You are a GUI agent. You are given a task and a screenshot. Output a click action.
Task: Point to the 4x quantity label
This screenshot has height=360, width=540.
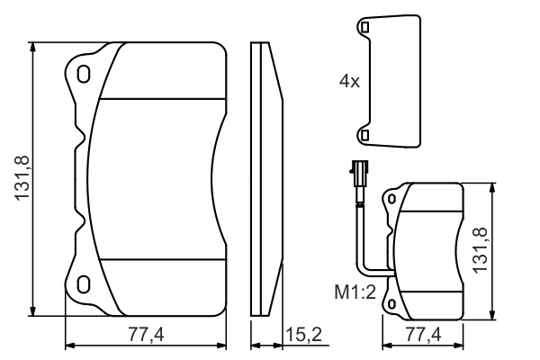pos(349,81)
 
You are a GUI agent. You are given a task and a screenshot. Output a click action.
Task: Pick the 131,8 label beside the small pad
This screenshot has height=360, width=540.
pos(481,250)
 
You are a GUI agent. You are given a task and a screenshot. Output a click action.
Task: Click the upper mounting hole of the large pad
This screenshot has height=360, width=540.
pos(83,74)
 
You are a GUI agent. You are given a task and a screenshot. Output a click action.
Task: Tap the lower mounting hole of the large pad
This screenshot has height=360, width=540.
pos(83,284)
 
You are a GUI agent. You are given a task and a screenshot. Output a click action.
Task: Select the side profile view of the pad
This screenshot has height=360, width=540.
pos(267,180)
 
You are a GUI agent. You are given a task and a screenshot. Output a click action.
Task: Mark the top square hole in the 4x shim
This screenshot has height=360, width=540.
pos(364,29)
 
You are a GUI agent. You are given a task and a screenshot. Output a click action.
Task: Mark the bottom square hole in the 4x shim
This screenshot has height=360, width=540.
pos(364,134)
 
